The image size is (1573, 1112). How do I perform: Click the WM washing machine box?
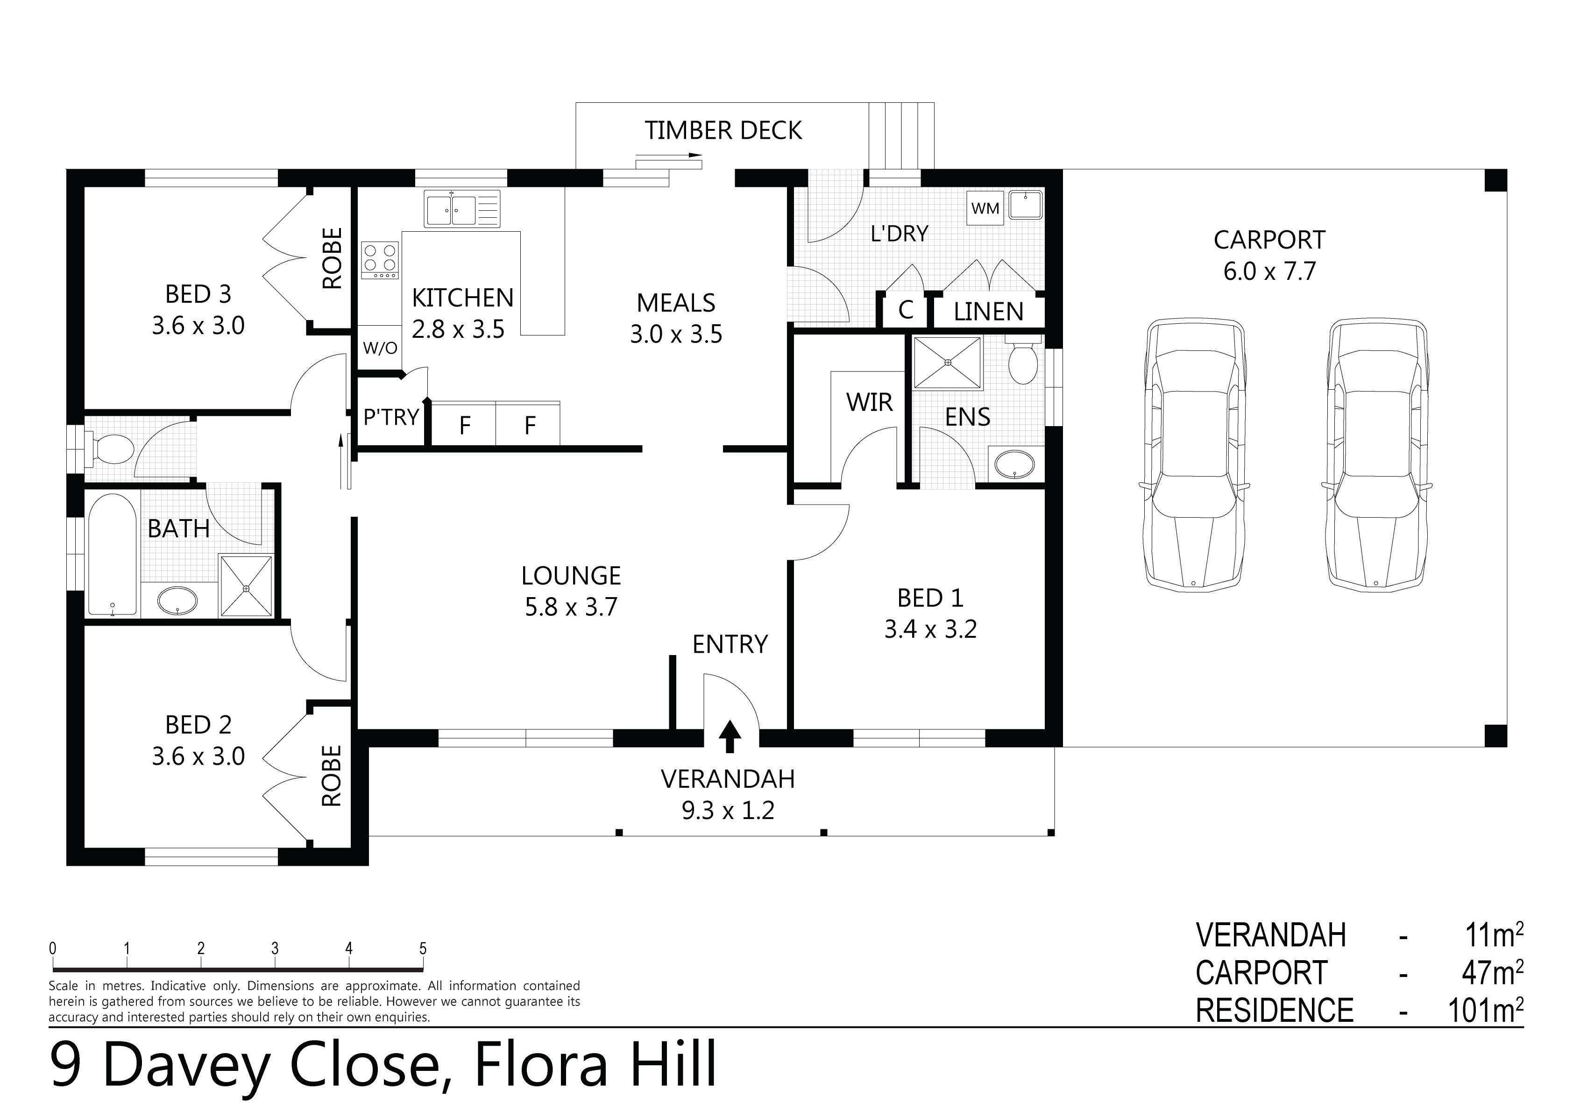tap(985, 208)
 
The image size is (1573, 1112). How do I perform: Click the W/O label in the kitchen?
tap(380, 348)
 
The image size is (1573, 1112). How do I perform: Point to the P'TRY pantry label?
tap(390, 417)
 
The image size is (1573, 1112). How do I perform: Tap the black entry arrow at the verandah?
tap(730, 736)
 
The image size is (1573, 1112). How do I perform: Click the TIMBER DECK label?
tap(723, 130)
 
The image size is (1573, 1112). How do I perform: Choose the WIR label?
tap(869, 402)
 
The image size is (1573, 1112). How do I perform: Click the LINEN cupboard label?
tap(988, 312)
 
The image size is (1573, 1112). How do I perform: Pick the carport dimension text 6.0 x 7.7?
tap(1269, 271)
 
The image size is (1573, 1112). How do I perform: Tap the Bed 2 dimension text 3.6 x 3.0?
tap(198, 756)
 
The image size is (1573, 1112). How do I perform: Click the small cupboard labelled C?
tap(905, 311)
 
